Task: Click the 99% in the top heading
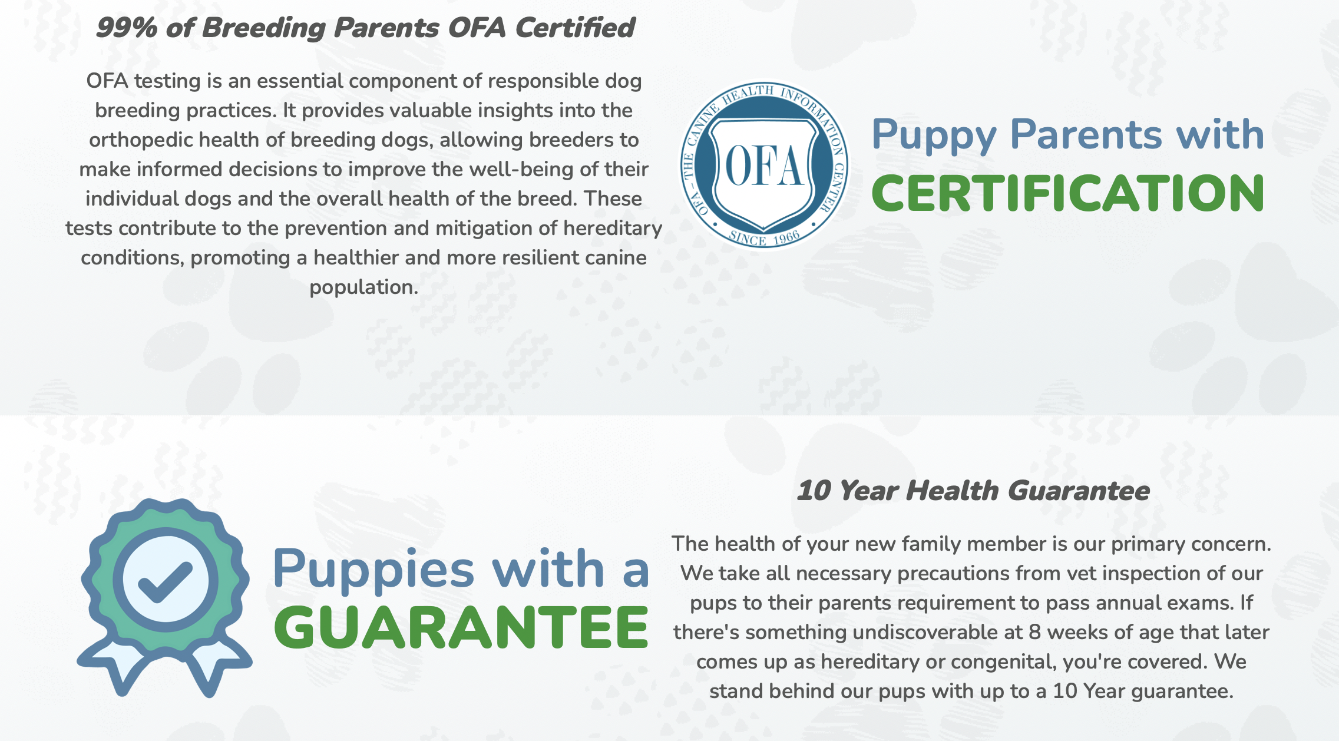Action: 126,28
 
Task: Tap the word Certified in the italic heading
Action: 575,28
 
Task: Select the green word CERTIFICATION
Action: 1067,194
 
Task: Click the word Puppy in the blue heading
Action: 934,135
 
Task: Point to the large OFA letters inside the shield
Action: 763,166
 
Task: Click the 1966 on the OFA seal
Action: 786,237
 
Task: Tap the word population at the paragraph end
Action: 363,287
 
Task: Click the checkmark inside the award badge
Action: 165,581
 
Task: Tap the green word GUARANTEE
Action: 461,628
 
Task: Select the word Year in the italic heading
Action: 868,491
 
